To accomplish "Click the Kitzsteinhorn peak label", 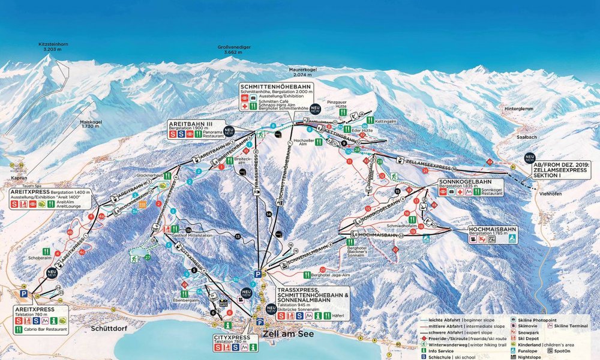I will pos(53,46).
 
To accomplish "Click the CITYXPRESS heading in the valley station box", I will pos(232,338).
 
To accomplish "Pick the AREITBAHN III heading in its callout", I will pos(190,124).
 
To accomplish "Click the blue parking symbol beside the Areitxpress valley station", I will pos(23,295).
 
